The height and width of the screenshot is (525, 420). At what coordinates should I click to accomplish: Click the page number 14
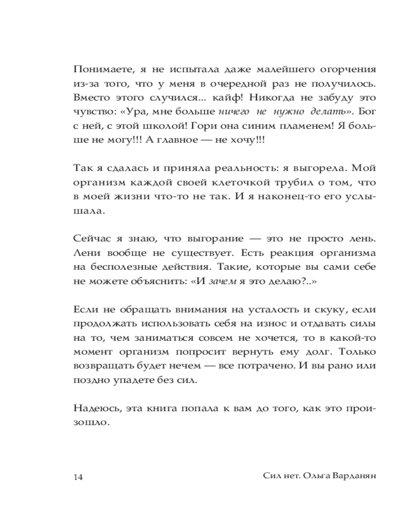coord(78,477)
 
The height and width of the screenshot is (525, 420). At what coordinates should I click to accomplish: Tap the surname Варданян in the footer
coord(352,476)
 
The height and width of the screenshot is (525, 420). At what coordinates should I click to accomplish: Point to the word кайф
coord(228,97)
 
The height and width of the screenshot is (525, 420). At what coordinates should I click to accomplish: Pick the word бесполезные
coord(123,267)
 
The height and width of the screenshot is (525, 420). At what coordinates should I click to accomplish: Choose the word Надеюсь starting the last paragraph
coord(97,407)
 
